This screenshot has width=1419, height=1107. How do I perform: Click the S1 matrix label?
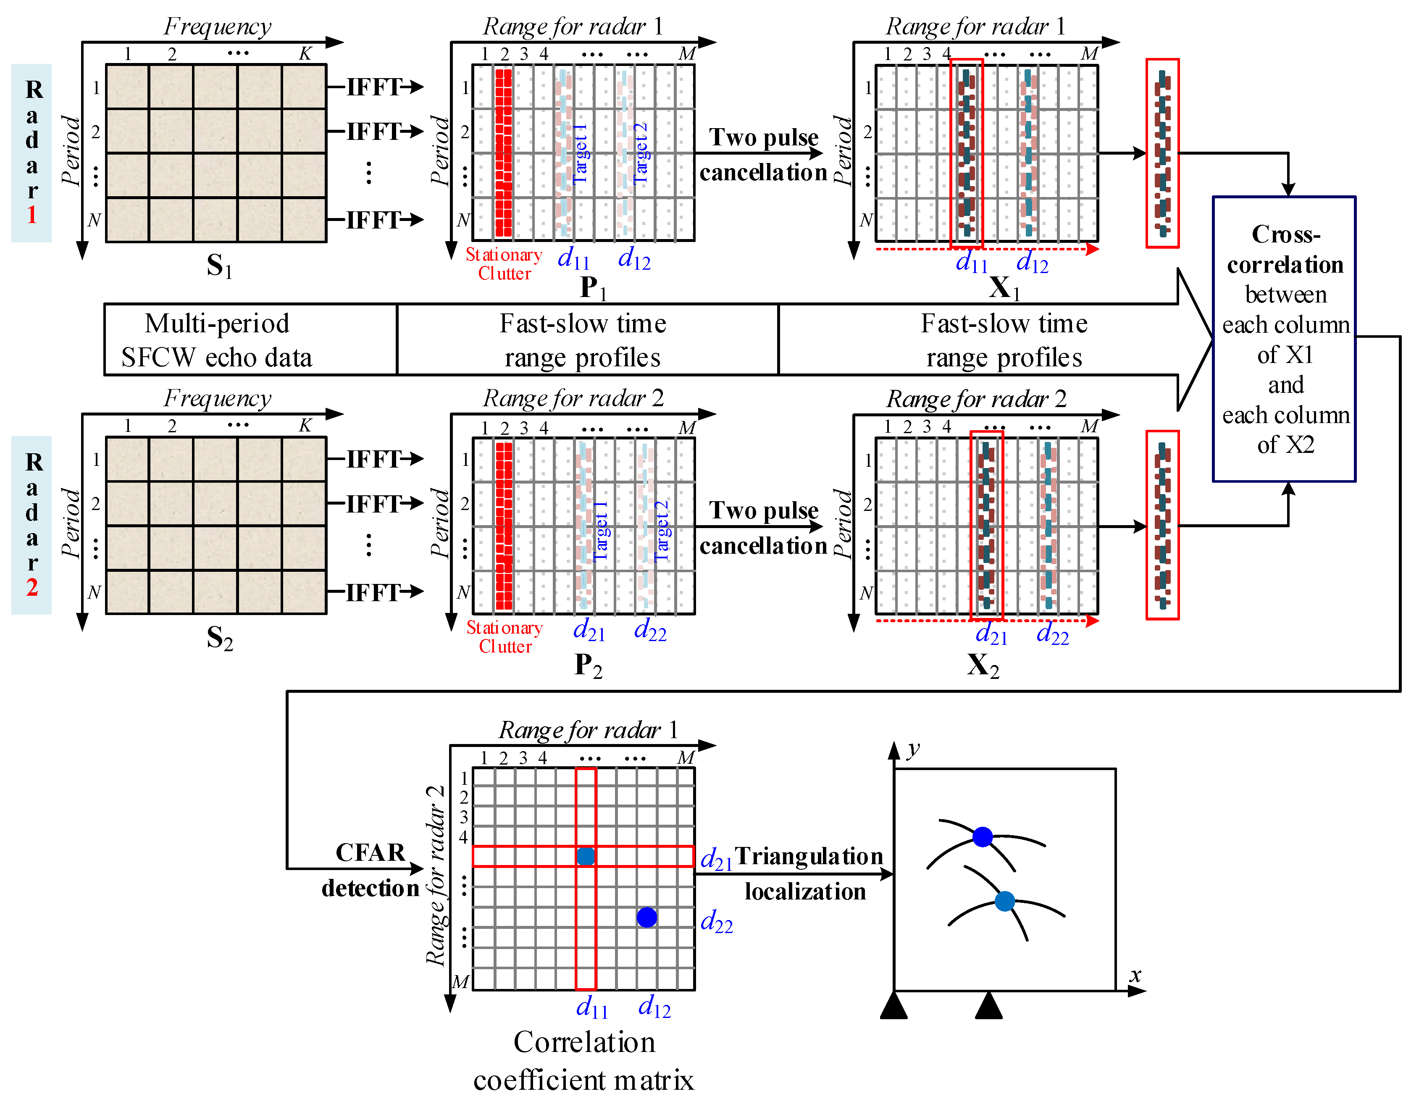[x=219, y=266]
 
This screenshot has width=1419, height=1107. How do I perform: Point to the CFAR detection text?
[x=371, y=870]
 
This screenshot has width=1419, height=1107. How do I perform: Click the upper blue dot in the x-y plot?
[x=983, y=837]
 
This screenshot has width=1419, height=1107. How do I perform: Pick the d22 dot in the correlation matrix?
[x=646, y=917]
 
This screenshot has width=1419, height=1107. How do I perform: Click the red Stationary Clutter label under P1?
[x=504, y=264]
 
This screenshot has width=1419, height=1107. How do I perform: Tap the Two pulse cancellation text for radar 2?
[x=763, y=528]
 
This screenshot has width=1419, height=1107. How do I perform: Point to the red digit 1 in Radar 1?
[x=32, y=214]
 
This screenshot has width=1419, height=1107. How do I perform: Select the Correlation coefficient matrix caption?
[x=583, y=1060]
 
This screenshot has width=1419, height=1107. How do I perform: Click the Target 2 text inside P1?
[x=640, y=153]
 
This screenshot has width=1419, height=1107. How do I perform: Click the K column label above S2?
[x=305, y=426]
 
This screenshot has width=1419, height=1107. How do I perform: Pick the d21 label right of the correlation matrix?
[x=716, y=859]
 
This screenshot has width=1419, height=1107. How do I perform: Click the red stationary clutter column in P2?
[x=504, y=526]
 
